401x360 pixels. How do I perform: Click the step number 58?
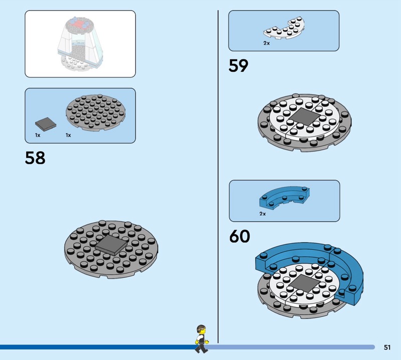pos(35,158)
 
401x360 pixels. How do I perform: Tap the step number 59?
pos(239,66)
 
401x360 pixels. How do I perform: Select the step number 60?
pos(240,236)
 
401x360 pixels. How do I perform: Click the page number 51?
pos(387,347)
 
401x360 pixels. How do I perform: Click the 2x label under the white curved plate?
pos(267,44)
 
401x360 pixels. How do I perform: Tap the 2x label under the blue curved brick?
pos(263,214)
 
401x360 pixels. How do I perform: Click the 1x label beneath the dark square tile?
pos(38,135)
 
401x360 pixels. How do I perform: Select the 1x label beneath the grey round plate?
pos(68,135)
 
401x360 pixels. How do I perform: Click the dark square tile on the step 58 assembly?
pos(112,245)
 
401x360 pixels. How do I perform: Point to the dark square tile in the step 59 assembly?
pos(302,117)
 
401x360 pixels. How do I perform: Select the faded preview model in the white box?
pos(80,45)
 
